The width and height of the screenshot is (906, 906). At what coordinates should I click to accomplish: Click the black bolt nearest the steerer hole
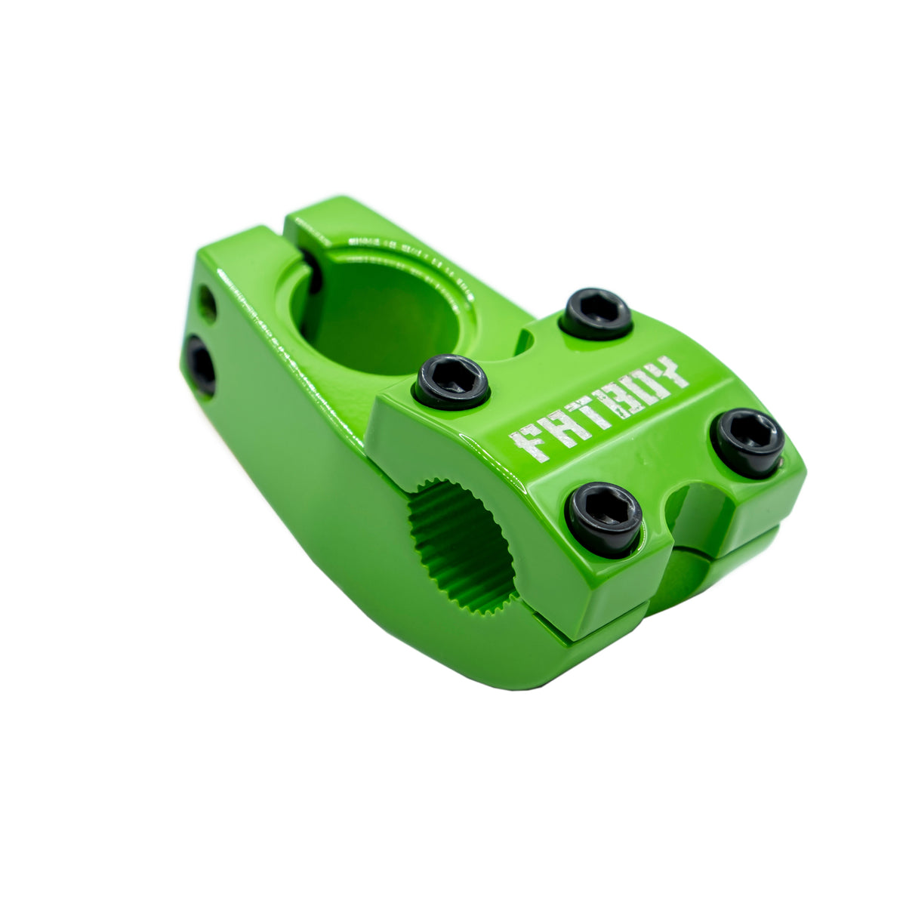451,381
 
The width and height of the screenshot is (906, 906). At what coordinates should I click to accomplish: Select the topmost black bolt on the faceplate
596,313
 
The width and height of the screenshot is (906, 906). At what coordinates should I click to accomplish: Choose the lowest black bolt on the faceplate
604,518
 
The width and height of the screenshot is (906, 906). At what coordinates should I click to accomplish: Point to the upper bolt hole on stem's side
207,303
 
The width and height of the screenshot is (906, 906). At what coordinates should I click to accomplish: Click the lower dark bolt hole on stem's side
202,365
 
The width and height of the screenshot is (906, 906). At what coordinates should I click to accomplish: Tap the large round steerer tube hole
377,310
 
